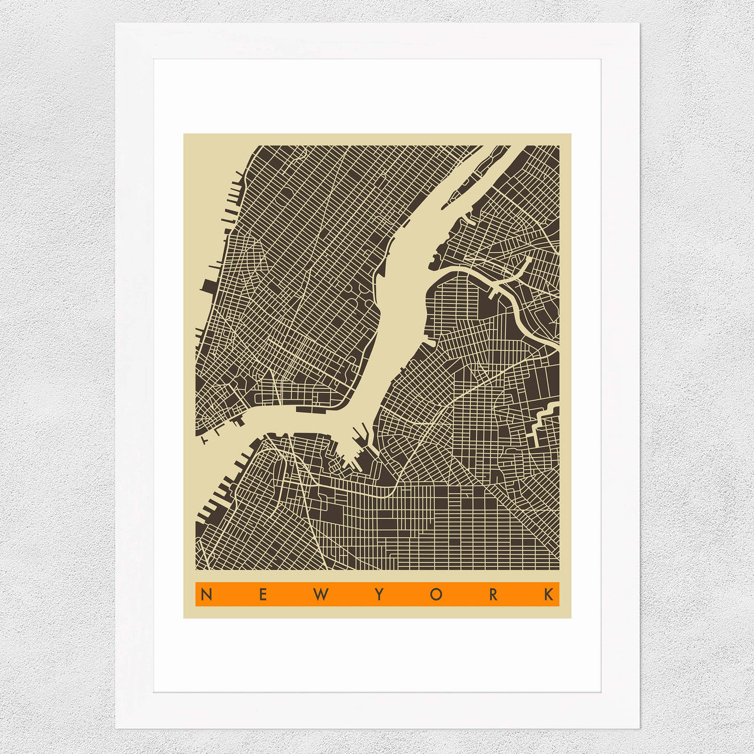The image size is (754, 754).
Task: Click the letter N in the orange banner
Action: coord(206,594)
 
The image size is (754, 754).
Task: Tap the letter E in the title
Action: coord(263,594)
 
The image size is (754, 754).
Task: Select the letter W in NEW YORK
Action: coord(320,594)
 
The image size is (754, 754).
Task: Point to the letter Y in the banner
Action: coord(378,594)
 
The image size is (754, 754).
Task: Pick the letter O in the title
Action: coord(435,594)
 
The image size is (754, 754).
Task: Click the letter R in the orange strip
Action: coord(492,594)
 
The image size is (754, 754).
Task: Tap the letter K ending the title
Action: coord(550,594)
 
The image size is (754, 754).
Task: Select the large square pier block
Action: coord(208,286)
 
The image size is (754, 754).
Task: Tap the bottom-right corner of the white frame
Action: coord(638,727)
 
